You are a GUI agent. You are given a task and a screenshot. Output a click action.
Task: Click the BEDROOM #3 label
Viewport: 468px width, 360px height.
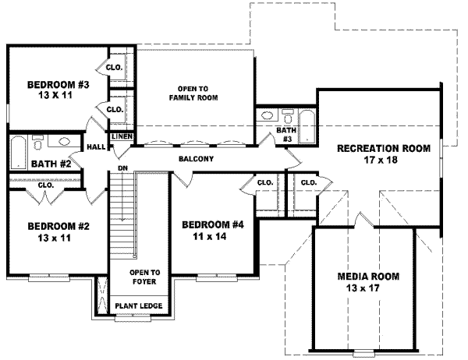pos(56,84)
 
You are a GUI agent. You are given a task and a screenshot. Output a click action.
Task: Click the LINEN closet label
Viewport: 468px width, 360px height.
pos(122,137)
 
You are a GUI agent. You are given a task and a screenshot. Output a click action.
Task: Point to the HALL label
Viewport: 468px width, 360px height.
pos(97,146)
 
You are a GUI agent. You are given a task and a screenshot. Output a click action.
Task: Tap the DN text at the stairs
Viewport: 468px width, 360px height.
pos(122,167)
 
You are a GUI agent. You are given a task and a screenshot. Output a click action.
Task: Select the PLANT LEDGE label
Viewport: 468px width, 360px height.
pos(139,305)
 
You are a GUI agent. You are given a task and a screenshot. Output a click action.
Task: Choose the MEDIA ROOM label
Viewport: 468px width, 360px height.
pos(368,277)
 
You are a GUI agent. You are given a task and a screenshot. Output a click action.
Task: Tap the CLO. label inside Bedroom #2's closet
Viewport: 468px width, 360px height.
pos(44,185)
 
